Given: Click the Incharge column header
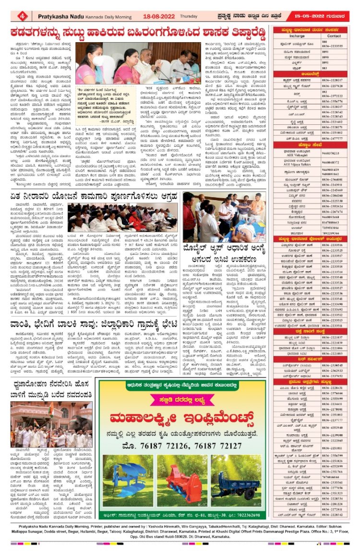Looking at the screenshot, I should (297, 36).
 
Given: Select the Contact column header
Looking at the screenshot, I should (334, 36).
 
